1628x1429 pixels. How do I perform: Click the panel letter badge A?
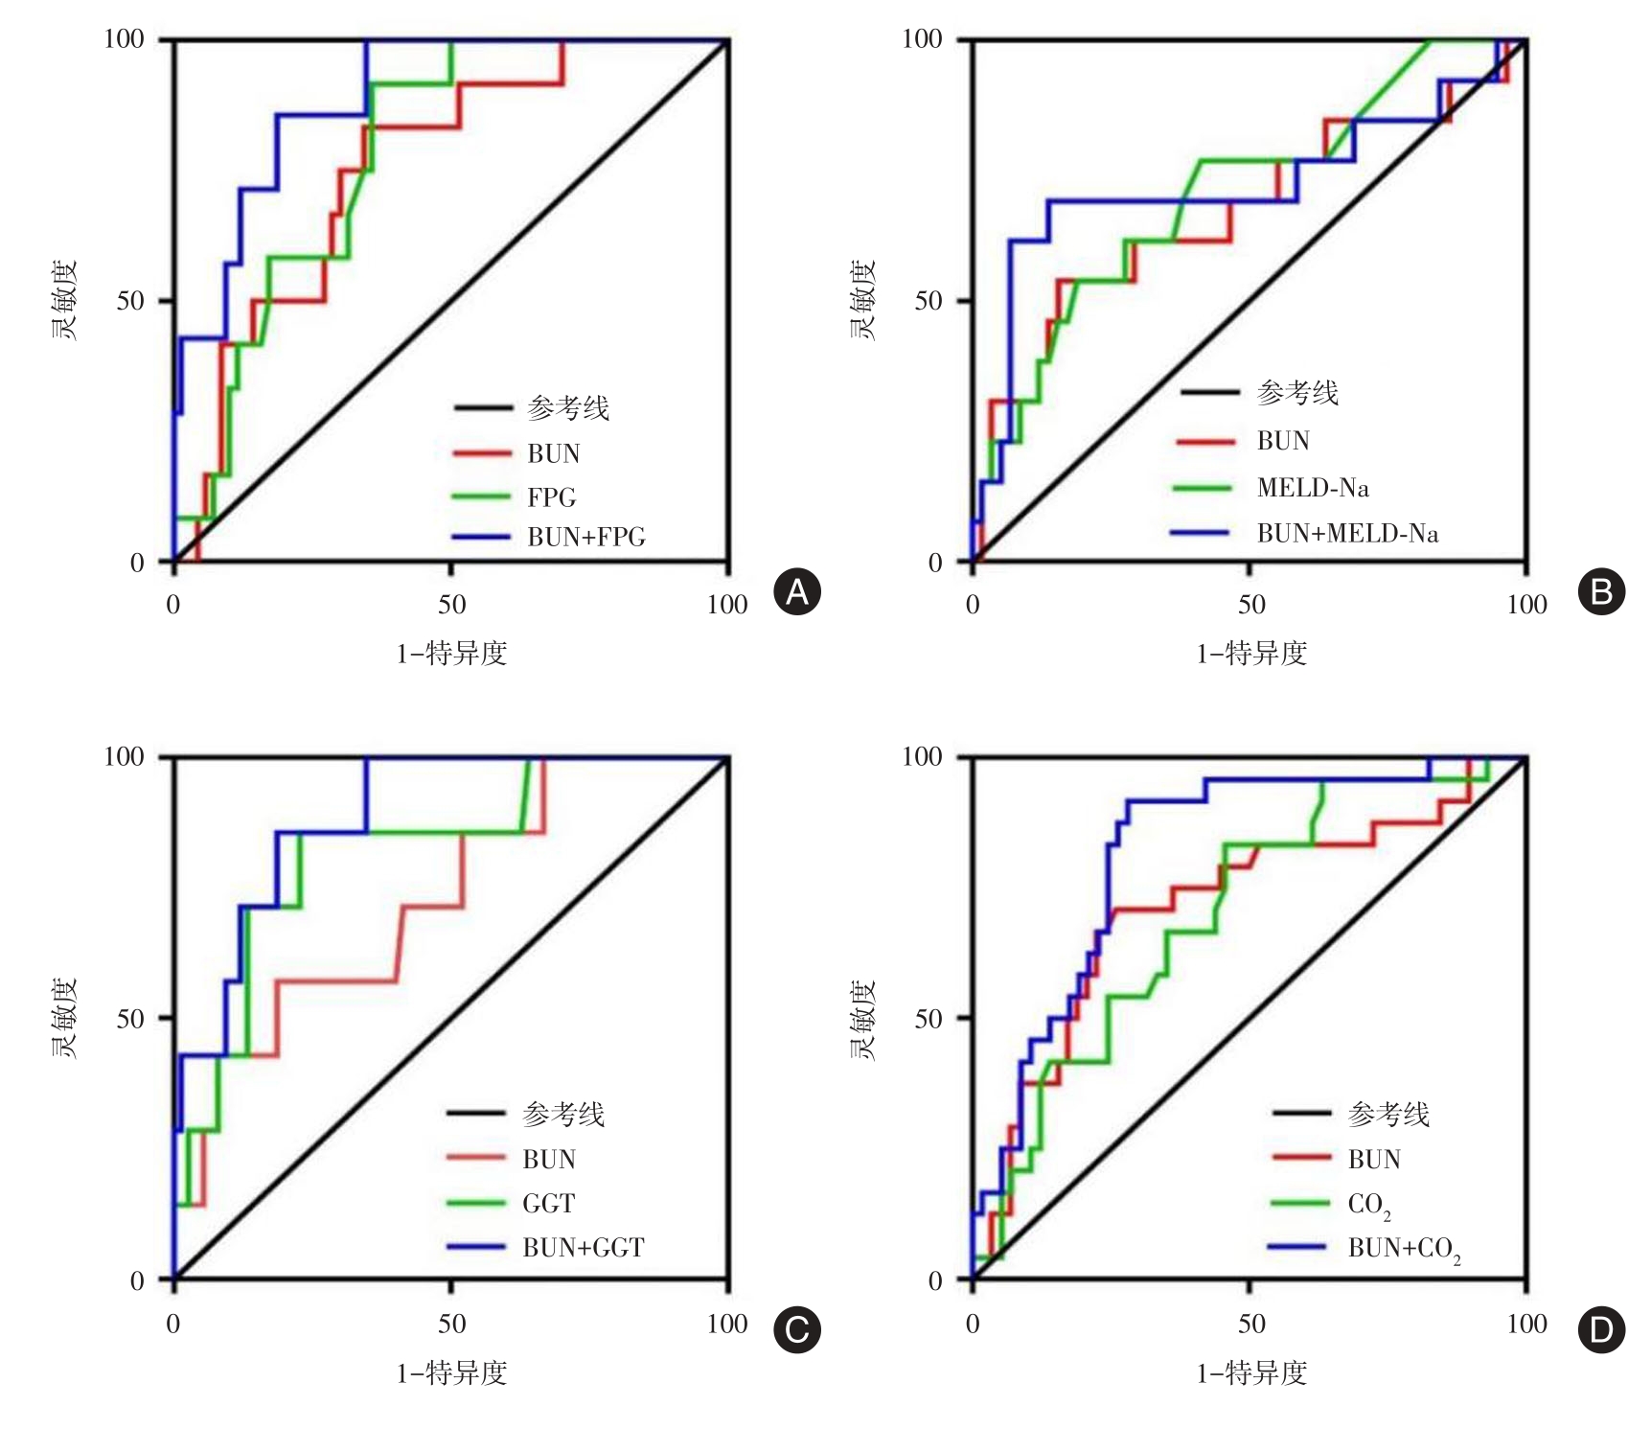[797, 592]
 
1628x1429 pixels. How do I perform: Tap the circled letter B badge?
[1601, 592]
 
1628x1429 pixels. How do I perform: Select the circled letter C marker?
[797, 1329]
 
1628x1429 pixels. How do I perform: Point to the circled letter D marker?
[1601, 1329]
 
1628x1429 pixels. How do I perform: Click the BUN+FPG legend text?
[585, 538]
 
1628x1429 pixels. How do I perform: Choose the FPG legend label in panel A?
[551, 497]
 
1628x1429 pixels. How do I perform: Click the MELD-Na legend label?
[1313, 488]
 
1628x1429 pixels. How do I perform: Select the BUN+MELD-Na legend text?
[1347, 534]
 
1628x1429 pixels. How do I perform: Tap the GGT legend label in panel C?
[548, 1204]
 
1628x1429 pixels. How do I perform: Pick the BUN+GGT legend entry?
[583, 1248]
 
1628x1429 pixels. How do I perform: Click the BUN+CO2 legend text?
[1404, 1249]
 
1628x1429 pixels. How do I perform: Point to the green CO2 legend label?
[1369, 1205]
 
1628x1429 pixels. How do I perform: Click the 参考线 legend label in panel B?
[1297, 393]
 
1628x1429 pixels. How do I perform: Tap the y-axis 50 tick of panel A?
[130, 301]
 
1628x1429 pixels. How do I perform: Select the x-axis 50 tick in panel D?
[1250, 1325]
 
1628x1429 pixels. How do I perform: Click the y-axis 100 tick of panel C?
[124, 757]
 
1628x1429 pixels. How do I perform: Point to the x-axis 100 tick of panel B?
[1526, 605]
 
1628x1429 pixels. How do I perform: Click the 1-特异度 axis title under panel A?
[451, 654]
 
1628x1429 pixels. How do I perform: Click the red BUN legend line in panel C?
[476, 1158]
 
